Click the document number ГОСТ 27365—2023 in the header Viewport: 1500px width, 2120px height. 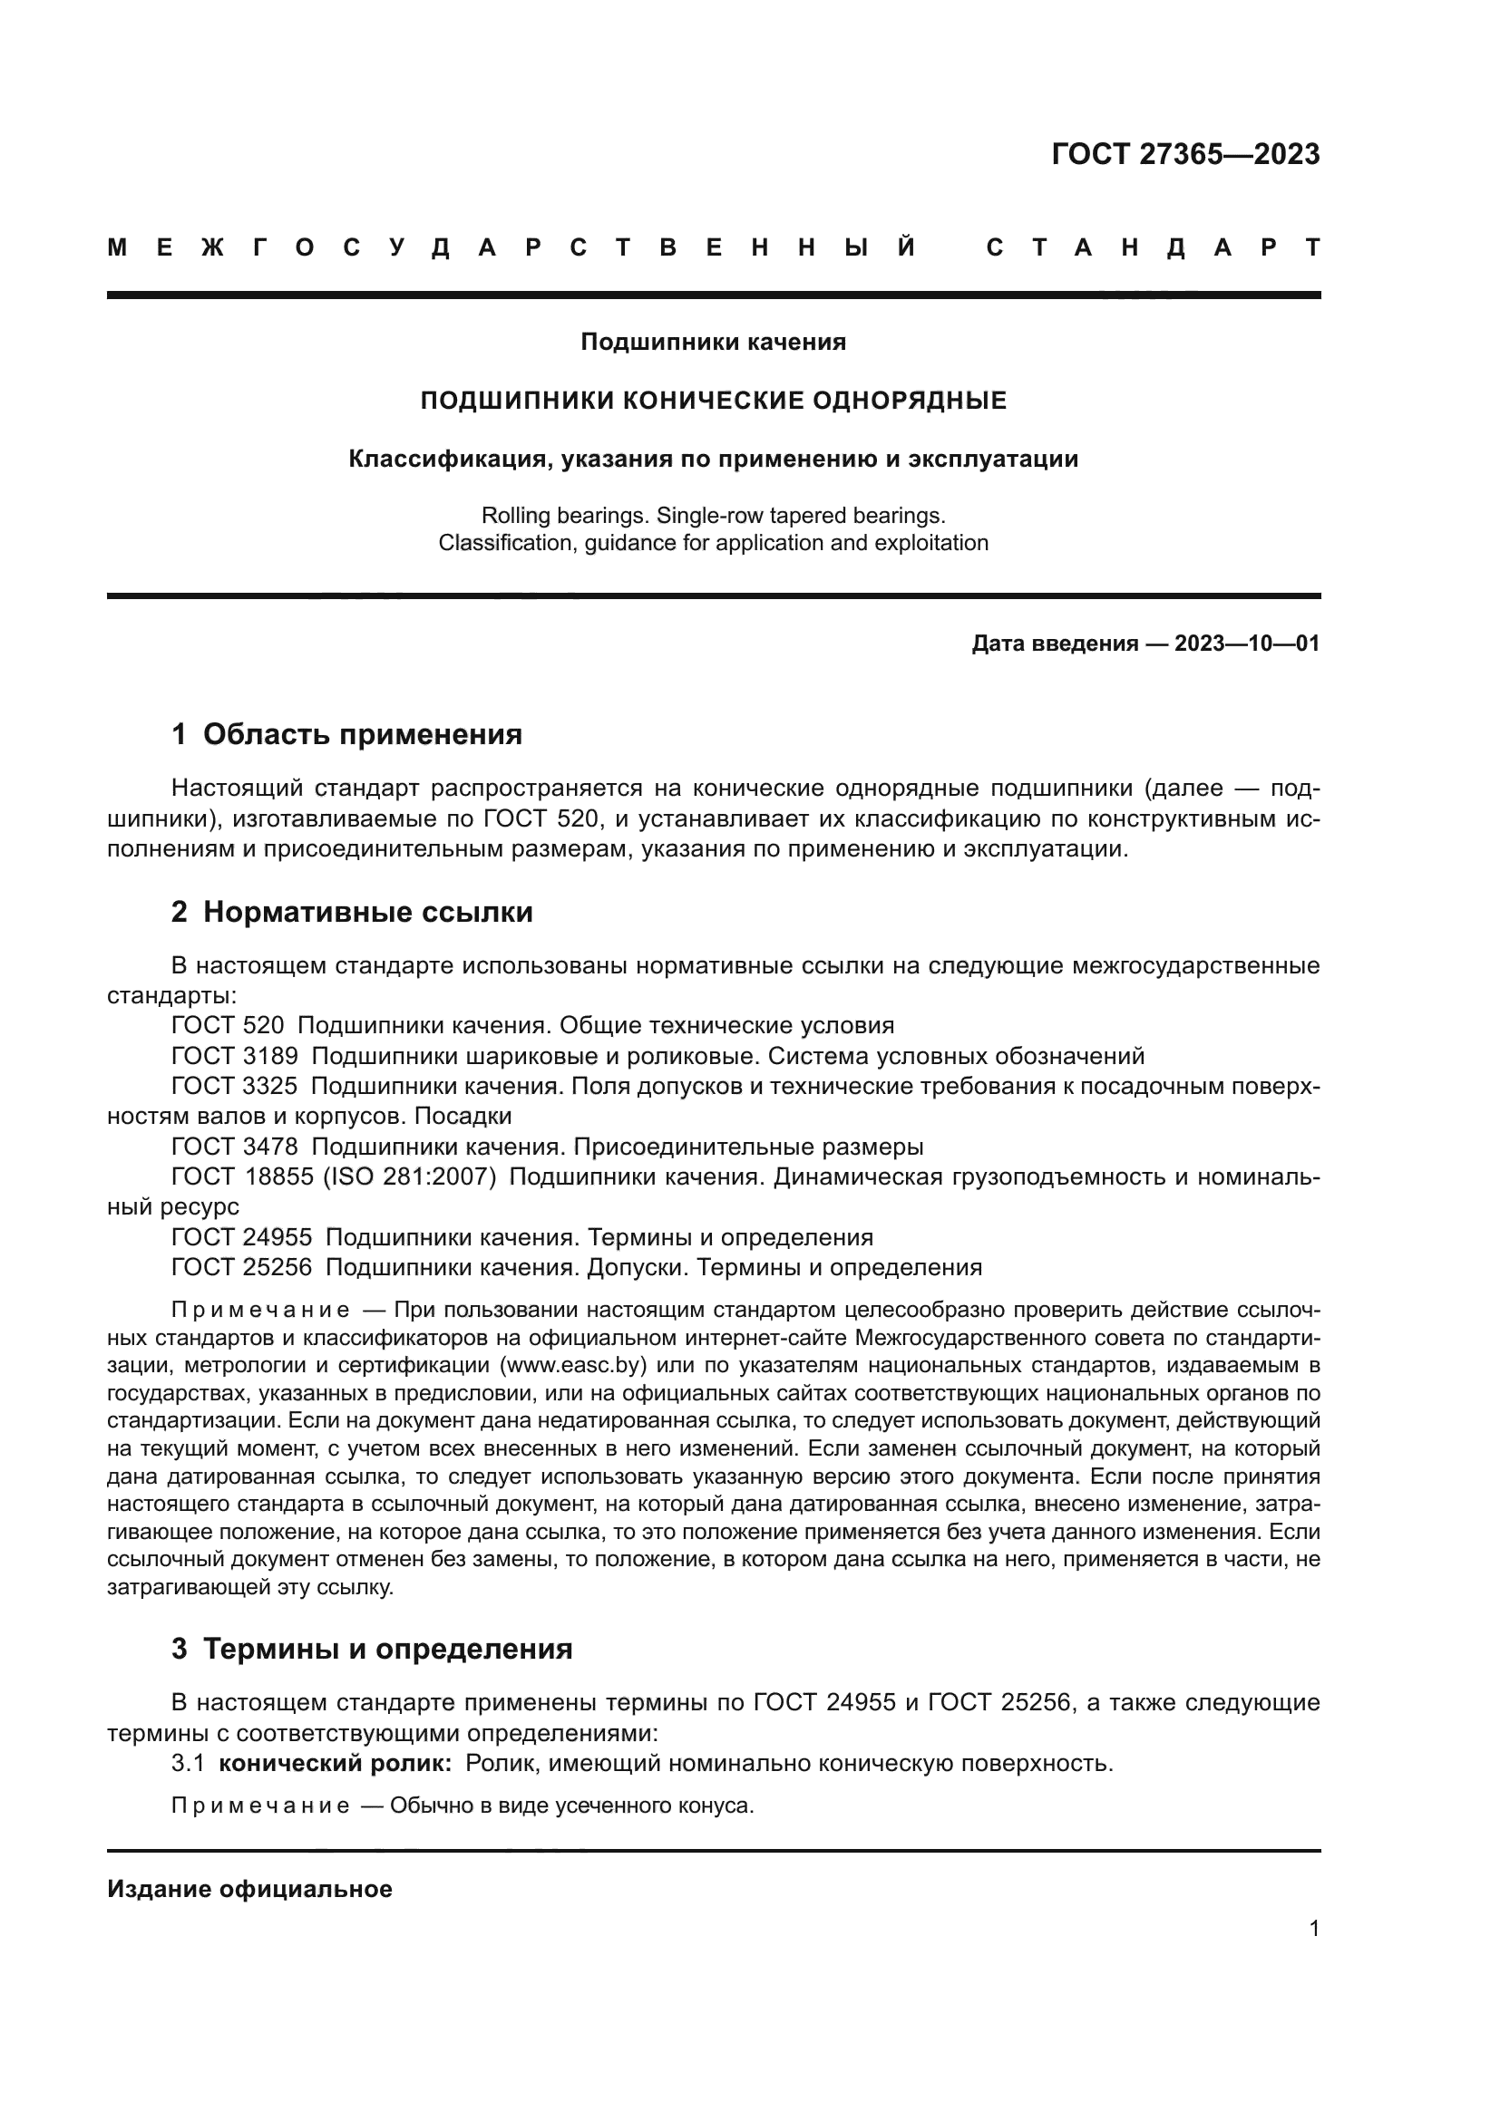coord(1185,154)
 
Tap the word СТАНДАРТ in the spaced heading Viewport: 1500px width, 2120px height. coord(1153,248)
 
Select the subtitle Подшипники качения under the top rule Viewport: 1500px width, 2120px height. coord(713,343)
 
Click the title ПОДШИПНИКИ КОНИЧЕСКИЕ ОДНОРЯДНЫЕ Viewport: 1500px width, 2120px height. coord(713,401)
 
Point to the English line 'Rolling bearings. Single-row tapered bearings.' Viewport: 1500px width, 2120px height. coord(713,514)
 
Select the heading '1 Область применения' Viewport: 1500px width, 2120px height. coord(346,734)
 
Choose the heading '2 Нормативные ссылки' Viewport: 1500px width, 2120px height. coord(352,913)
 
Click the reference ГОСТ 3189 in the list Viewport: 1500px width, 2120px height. coord(235,1055)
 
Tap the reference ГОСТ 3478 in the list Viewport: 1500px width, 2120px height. coord(235,1147)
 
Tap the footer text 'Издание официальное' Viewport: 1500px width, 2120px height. coord(249,1889)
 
